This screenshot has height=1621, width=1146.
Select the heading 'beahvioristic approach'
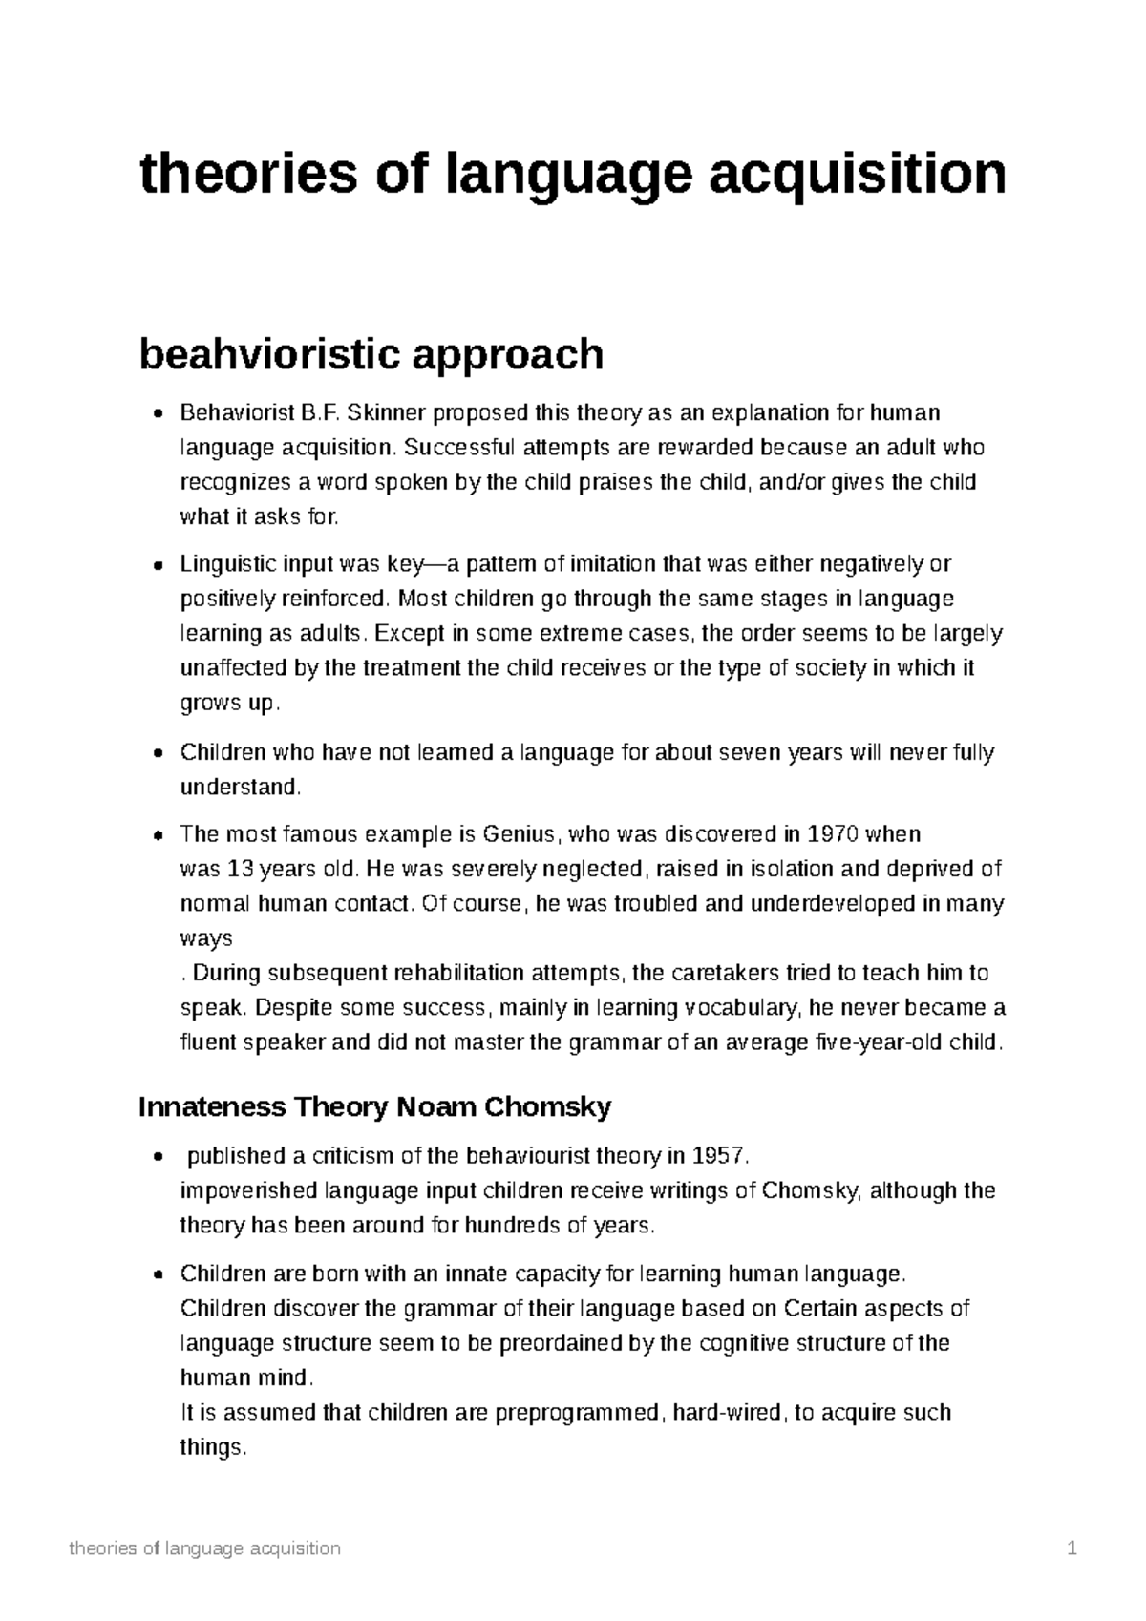click(x=371, y=355)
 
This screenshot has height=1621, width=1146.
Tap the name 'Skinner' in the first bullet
click(x=387, y=413)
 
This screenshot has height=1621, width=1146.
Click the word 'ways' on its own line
click(x=206, y=937)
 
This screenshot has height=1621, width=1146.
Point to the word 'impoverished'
click(x=248, y=1191)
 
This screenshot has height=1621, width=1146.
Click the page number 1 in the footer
click(x=1072, y=1548)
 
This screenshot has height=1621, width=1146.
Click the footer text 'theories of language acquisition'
click(x=205, y=1548)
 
